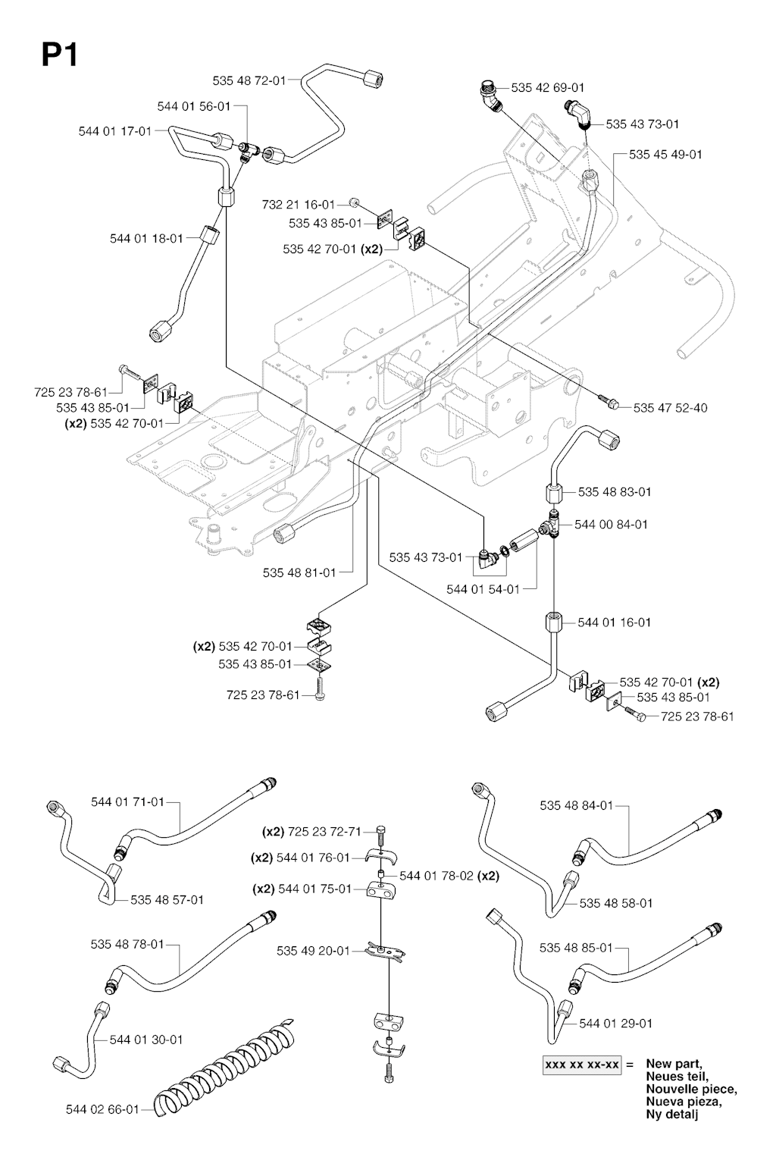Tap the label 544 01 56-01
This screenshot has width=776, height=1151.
click(x=193, y=106)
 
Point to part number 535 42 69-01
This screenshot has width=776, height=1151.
click(x=547, y=88)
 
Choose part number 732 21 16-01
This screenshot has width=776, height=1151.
click(x=298, y=205)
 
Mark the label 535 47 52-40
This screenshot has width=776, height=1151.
click(x=670, y=408)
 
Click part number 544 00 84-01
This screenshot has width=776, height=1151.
click(x=611, y=524)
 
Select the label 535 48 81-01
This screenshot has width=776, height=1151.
click(x=299, y=572)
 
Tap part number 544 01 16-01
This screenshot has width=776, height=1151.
click(x=614, y=623)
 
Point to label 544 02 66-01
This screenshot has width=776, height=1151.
click(x=102, y=1109)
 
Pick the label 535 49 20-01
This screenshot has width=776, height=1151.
click(x=313, y=951)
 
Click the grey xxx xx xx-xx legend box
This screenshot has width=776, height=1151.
click(x=582, y=1065)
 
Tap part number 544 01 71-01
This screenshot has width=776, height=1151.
click(x=127, y=801)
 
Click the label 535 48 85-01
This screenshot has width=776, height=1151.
click(x=576, y=948)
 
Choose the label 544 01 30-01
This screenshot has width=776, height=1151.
click(x=146, y=1040)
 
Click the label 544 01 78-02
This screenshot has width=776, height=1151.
click(x=436, y=876)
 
